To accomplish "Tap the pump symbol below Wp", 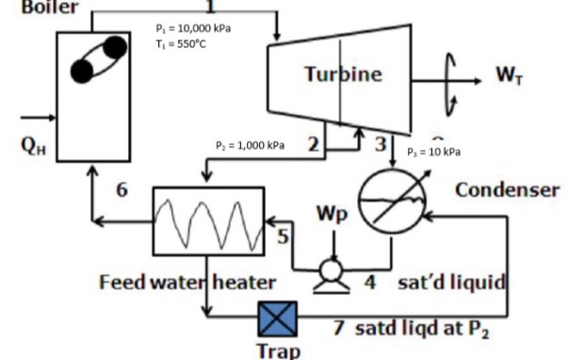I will coord(331,270).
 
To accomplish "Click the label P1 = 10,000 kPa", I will coord(193,27).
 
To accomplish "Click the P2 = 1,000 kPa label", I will coord(250,145).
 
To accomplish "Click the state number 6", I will coord(121,189).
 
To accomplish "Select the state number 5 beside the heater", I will coord(281,238).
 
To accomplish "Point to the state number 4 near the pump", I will coord(370,281).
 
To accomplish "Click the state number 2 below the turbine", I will coord(313,144).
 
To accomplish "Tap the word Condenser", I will coord(507,189).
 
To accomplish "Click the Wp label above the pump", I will coord(332,214).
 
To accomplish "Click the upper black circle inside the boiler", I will coord(115,46).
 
